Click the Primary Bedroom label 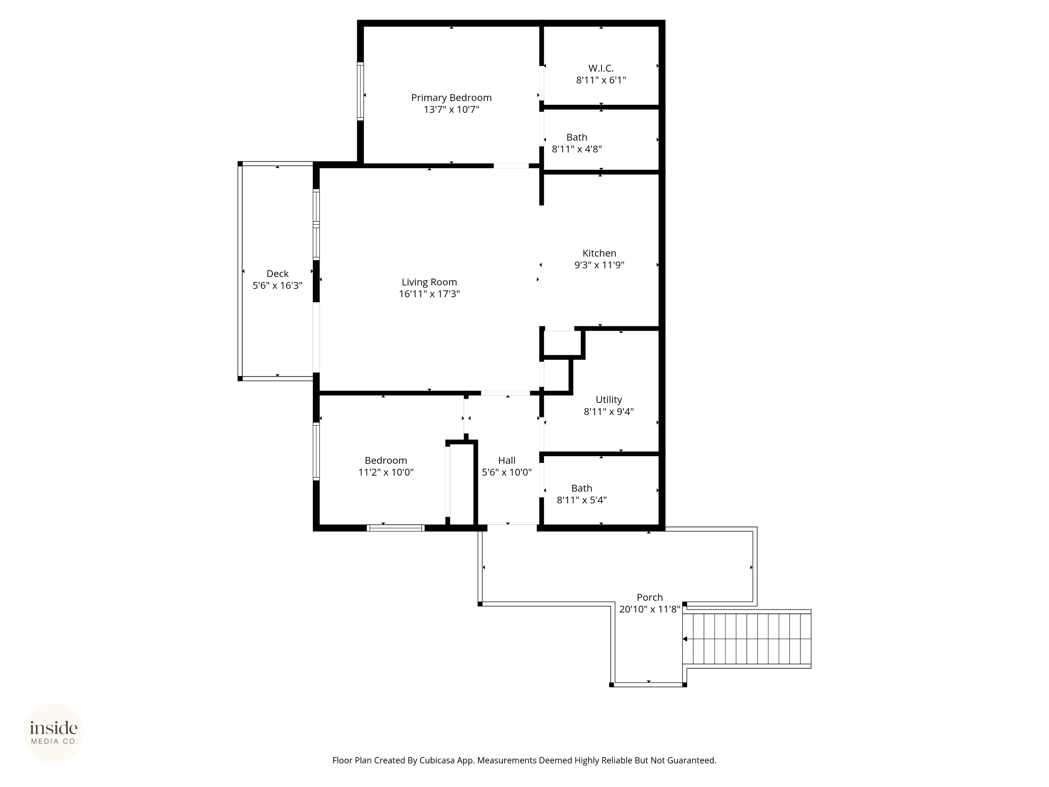(x=451, y=98)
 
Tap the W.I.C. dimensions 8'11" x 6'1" (x=601, y=80)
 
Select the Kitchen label (x=599, y=253)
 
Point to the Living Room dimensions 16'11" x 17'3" (x=429, y=294)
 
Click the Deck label (x=277, y=274)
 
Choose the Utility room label (x=608, y=400)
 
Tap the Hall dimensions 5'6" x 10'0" (x=506, y=473)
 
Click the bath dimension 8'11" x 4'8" (x=577, y=149)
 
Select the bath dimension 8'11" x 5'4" (x=581, y=500)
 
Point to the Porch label (x=649, y=598)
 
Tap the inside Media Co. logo (x=53, y=733)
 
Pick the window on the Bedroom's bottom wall (x=395, y=527)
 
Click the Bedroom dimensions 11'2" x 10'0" (x=386, y=473)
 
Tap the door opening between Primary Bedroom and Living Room (x=511, y=165)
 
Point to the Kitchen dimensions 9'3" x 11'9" (x=599, y=265)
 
